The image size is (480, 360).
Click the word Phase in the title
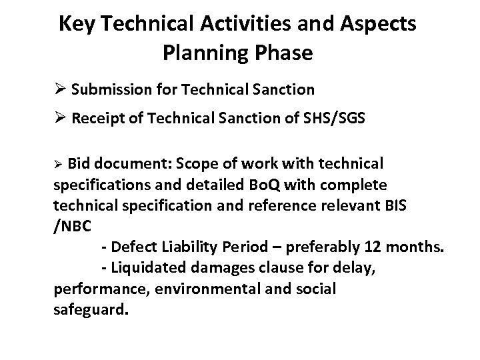point(285,53)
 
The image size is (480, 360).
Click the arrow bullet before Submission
point(59,89)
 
